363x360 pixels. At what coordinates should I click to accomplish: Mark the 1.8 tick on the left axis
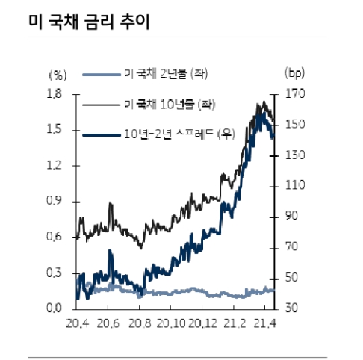[54, 94]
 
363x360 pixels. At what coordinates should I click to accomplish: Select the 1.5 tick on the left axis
[54, 130]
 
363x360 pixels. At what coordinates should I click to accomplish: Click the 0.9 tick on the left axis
[54, 202]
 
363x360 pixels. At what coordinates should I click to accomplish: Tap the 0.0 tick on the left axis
[54, 308]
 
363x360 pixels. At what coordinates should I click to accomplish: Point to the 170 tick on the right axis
[296, 94]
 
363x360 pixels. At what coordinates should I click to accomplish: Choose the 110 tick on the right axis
[296, 185]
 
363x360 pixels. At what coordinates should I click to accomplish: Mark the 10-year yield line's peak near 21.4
[263, 102]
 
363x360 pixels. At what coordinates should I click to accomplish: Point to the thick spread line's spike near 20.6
[110, 252]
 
